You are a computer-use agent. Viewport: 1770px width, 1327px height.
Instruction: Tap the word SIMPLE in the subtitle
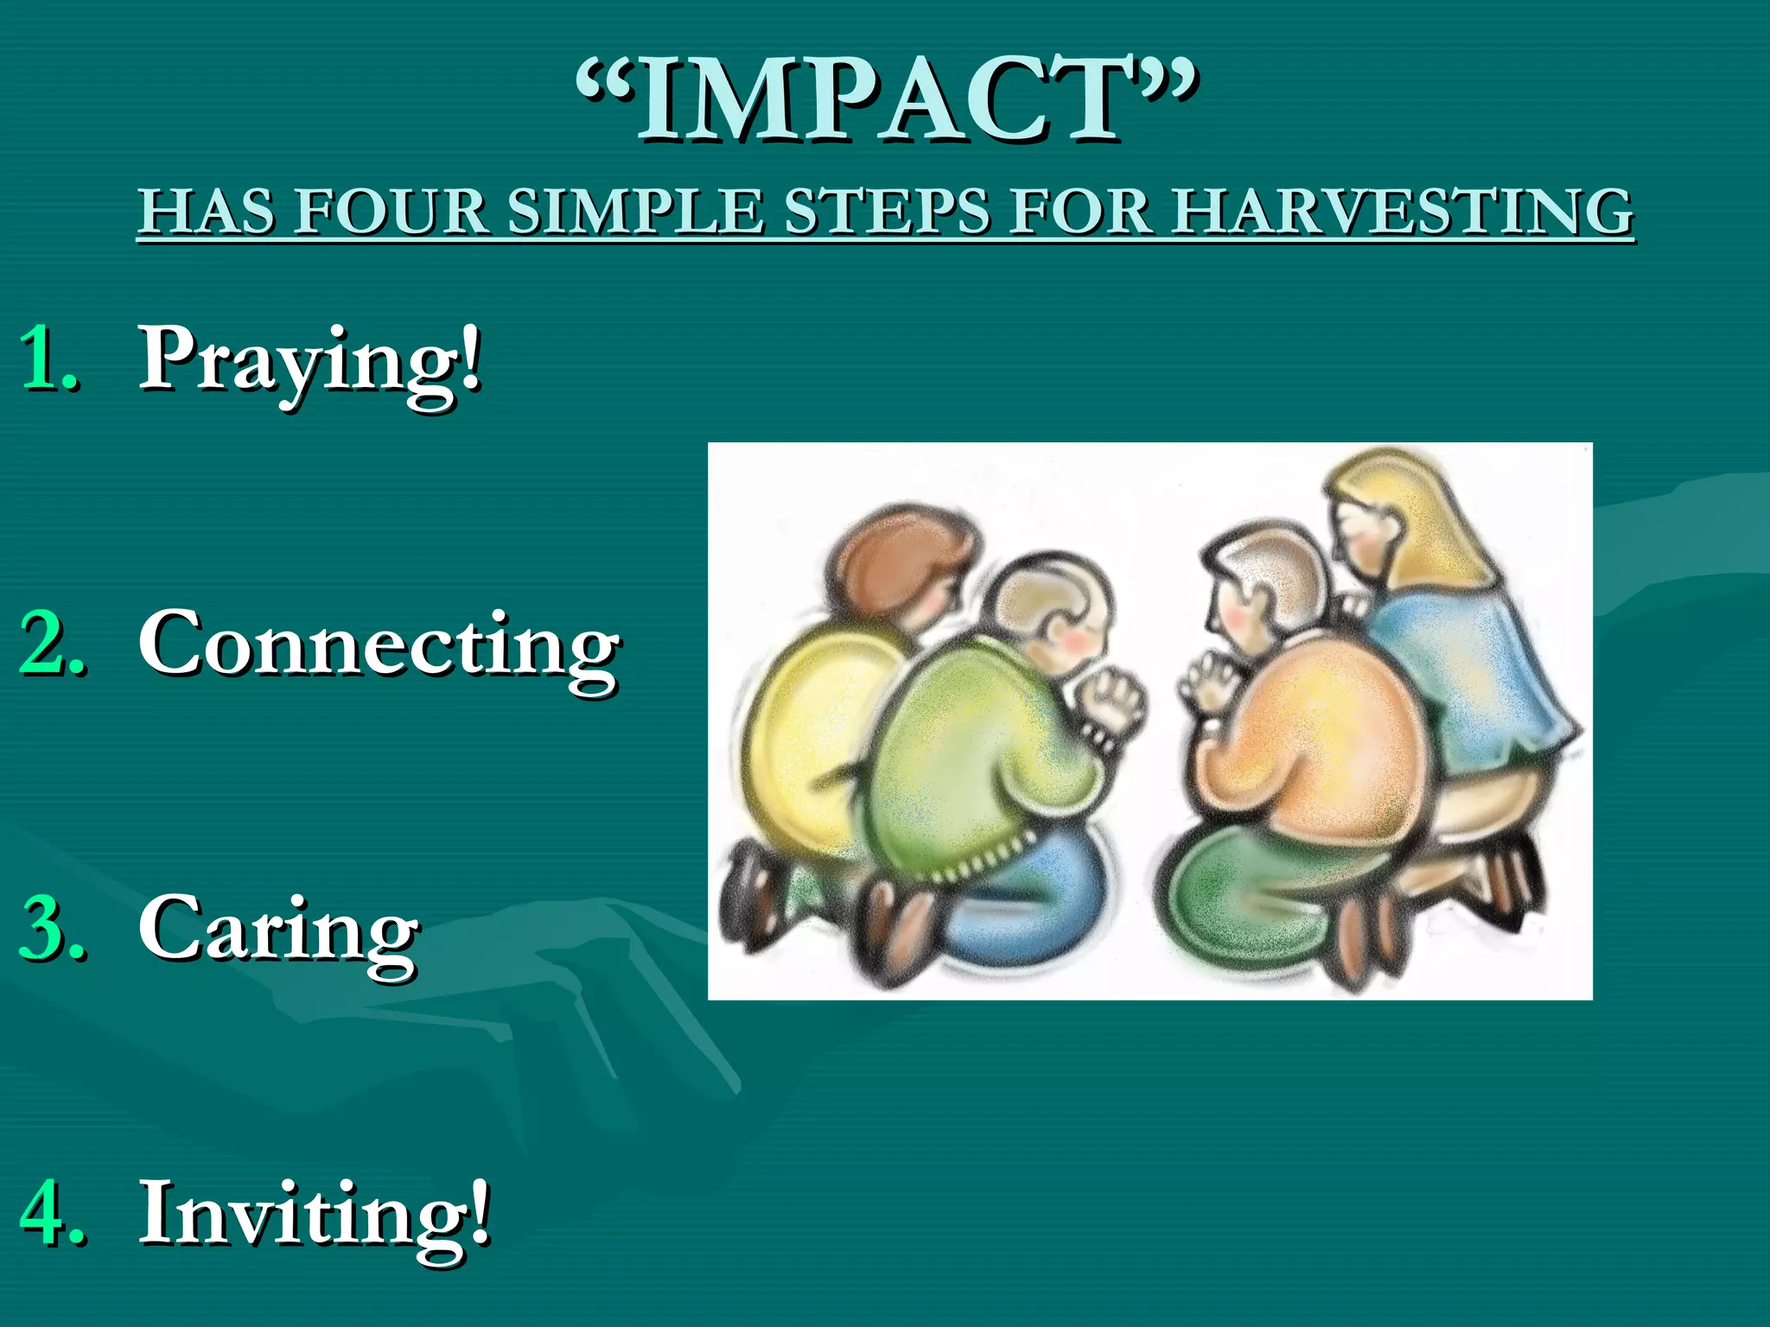click(635, 212)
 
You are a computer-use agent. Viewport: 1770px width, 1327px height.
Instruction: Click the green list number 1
click(50, 359)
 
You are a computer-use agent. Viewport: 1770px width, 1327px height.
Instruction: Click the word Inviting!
click(315, 1214)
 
